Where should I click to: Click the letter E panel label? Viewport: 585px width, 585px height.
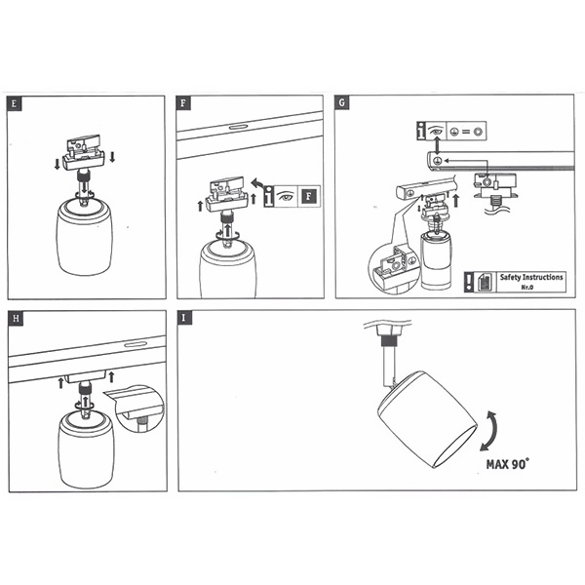[x=15, y=103]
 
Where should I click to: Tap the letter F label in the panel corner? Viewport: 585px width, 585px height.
[x=183, y=103]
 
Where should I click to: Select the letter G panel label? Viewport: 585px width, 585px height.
[x=342, y=102]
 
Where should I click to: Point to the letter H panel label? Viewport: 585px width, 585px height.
[x=16, y=318]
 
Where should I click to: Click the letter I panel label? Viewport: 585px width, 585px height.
[x=184, y=318]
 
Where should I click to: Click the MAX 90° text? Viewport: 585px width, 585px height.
[x=508, y=464]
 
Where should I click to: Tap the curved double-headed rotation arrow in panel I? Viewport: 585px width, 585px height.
[x=489, y=431]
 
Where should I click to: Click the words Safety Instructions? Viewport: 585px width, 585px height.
[x=531, y=277]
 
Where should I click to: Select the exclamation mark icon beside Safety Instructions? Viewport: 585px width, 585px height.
[x=469, y=282]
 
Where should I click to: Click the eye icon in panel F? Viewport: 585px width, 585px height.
[x=286, y=196]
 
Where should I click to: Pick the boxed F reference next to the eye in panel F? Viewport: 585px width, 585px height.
[x=309, y=196]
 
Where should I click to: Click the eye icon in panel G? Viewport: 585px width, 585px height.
[x=436, y=131]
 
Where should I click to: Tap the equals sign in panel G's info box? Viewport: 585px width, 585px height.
[x=466, y=132]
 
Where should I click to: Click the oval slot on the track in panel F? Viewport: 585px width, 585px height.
[x=239, y=127]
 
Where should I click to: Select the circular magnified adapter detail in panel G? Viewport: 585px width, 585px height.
[x=393, y=268]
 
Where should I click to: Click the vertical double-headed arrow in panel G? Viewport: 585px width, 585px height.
[x=438, y=145]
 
